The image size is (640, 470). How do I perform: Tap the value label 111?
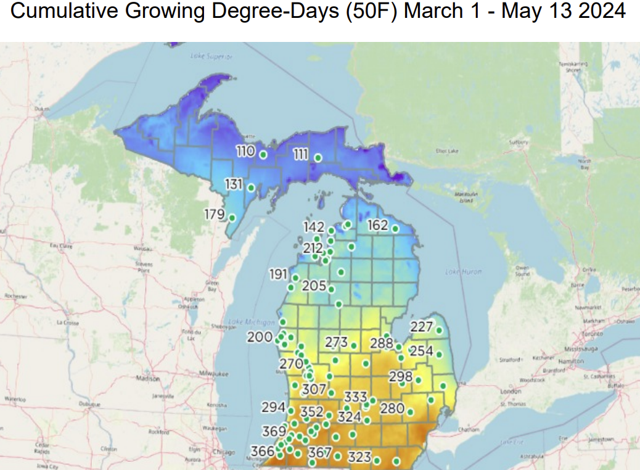coord(300,154)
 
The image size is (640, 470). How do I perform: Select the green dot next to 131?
coord(251,187)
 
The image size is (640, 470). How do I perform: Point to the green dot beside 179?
coord(232,218)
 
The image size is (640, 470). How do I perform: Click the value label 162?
coord(377,225)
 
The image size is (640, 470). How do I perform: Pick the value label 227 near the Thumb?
coord(422,327)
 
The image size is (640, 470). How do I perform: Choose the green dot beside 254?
coord(439,355)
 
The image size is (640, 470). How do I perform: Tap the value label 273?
coord(337,342)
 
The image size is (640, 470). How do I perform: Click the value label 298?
coord(400,376)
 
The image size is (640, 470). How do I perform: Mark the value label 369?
coord(274,431)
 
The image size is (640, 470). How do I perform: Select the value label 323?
coord(359,457)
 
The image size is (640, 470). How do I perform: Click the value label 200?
coord(259,337)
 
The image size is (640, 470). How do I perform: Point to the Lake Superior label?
coord(211,57)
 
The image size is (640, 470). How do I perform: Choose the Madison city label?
coord(147,378)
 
